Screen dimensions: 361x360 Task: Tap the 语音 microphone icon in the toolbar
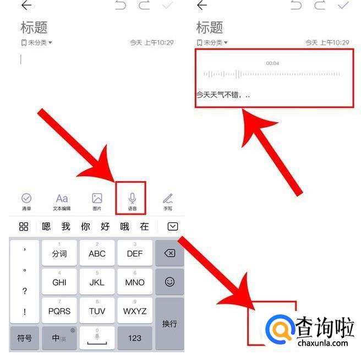coord(132,198)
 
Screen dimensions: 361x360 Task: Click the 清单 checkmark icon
coord(26,198)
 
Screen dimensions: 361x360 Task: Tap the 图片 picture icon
coord(97,198)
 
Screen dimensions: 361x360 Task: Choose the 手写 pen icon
coord(168,198)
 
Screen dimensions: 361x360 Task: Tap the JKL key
coord(97,281)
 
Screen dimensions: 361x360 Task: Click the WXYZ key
coord(135,310)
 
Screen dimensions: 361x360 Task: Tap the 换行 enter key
coord(169,324)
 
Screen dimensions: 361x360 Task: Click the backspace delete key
coord(169,253)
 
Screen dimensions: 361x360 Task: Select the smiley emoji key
coord(169,282)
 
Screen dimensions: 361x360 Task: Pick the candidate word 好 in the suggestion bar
coord(105,226)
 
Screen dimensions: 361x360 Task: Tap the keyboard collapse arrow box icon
coord(172,226)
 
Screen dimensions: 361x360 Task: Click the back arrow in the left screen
coord(26,5)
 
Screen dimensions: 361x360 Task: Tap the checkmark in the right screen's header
coord(343,4)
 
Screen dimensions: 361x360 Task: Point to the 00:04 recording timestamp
coord(272,63)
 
